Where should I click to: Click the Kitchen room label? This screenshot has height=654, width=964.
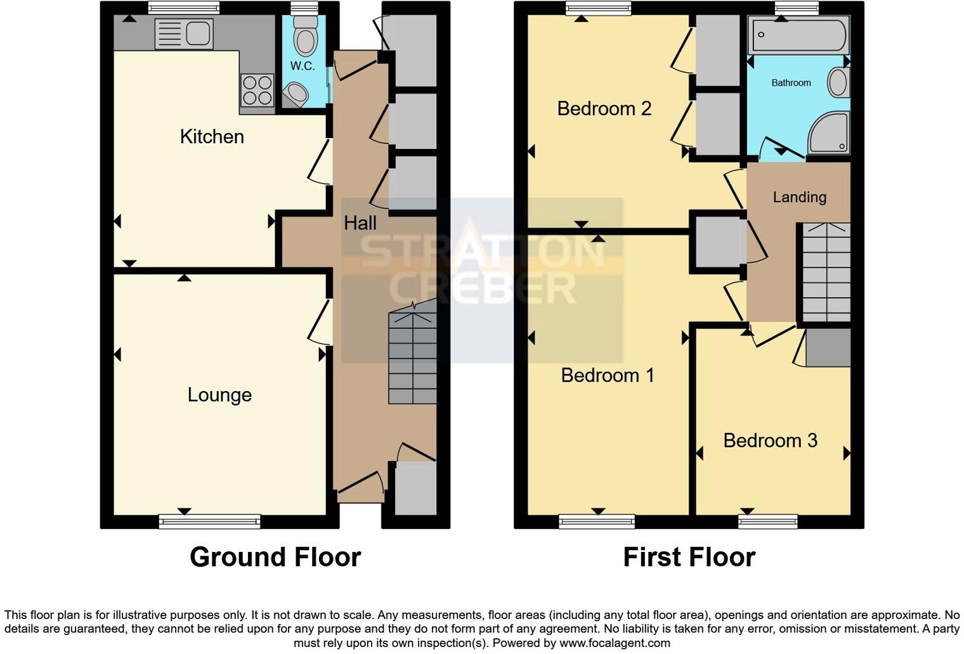tap(212, 137)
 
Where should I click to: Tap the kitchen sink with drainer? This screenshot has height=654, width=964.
tap(184, 34)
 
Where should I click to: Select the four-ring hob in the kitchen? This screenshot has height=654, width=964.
tap(257, 91)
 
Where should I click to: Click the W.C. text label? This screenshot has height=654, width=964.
tap(303, 67)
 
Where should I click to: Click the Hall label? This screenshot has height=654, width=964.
tap(360, 223)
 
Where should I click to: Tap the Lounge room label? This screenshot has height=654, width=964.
tap(219, 395)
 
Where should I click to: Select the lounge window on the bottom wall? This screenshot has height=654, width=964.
tap(209, 521)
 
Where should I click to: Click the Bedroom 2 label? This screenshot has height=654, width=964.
tap(604, 109)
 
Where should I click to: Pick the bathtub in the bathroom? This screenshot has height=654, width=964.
tap(798, 35)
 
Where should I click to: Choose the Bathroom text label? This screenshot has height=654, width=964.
tap(791, 83)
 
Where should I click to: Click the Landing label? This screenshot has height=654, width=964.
tap(799, 198)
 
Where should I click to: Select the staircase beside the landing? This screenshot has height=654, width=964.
tap(826, 272)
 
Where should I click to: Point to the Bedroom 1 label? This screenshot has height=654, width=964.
tap(607, 376)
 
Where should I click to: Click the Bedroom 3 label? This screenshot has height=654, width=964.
tap(770, 441)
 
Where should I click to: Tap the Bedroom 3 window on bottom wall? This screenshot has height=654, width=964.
tap(768, 522)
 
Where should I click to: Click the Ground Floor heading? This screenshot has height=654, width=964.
tap(275, 558)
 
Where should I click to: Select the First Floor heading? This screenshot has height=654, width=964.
tap(689, 558)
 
